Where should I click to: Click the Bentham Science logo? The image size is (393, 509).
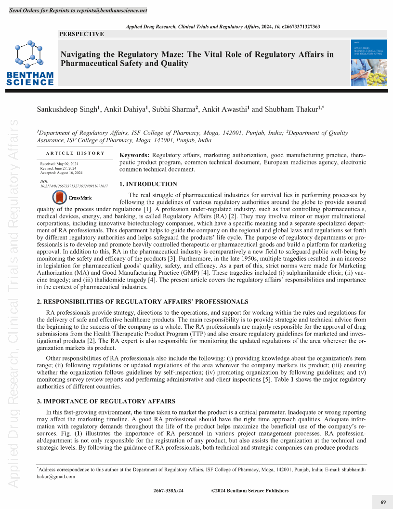coord(30,63)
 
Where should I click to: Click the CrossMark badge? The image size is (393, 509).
coord(72,198)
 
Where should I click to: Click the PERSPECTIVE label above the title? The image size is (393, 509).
coord(81,34)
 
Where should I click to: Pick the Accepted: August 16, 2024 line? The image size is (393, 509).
coord(61,173)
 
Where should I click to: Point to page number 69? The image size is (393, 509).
coord(383,502)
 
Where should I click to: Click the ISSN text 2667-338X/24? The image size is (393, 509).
coord(169,491)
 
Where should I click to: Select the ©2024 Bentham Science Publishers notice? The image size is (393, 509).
coord(250,491)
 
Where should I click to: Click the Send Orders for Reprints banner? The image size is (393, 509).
coord(79,11)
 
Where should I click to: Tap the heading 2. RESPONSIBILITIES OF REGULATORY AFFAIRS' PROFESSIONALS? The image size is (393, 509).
coord(143,302)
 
